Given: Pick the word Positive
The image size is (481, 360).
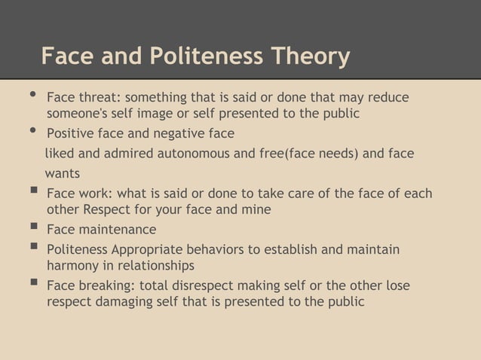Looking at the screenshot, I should (x=72, y=134).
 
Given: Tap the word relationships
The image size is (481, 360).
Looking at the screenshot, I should (x=155, y=266).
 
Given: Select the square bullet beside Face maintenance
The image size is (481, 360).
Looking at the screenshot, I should (x=31, y=228).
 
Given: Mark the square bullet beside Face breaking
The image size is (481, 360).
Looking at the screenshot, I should (x=31, y=285).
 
